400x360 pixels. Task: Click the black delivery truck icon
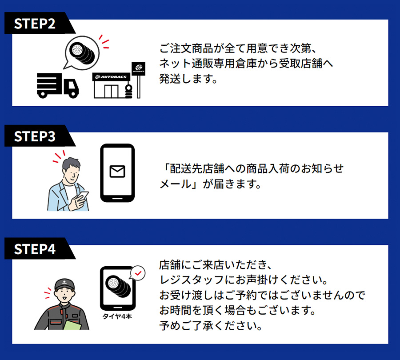click(57, 85)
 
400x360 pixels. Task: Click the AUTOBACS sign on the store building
click(111, 77)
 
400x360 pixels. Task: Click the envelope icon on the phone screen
click(117, 172)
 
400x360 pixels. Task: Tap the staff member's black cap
click(64, 284)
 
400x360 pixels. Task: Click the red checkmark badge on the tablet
click(139, 273)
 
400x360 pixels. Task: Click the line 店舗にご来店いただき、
click(215, 265)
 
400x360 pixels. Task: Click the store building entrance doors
click(109, 91)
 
